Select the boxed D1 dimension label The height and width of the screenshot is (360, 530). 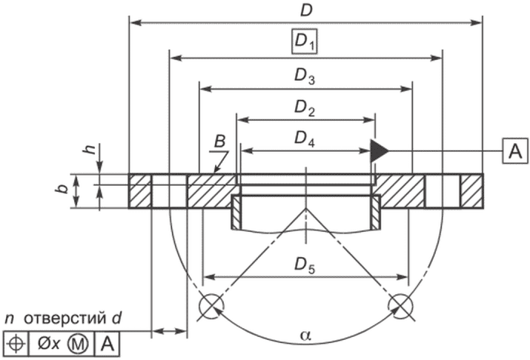305,44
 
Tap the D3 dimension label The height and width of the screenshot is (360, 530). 305,76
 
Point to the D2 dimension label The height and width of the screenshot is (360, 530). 305,108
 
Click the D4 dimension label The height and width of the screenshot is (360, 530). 305,139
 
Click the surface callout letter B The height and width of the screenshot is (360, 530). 219,141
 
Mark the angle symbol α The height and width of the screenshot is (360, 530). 305,336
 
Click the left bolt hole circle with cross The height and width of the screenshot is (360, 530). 211,304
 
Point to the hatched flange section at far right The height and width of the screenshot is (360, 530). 471,191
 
